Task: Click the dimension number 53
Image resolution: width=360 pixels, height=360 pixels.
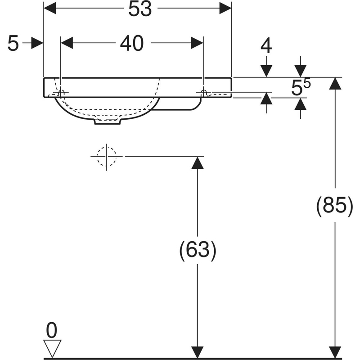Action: pyautogui.click(x=139, y=9)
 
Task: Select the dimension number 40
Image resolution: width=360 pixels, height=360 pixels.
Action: pyautogui.click(x=131, y=43)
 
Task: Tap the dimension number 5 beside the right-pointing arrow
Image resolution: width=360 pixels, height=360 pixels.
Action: pyautogui.click(x=13, y=43)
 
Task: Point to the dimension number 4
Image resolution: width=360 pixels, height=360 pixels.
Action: pyautogui.click(x=267, y=46)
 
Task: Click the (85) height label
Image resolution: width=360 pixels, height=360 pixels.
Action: pyautogui.click(x=334, y=206)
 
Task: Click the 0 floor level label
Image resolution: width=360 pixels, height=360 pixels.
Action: pyautogui.click(x=52, y=332)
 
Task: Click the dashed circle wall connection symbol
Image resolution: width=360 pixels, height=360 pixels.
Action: pyautogui.click(x=107, y=156)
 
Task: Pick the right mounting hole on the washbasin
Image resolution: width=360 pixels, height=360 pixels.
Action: pyautogui.click(x=204, y=93)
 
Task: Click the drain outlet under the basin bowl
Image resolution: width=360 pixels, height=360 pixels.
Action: pyautogui.click(x=108, y=121)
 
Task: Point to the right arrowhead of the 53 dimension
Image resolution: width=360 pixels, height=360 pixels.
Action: pyautogui.click(x=225, y=8)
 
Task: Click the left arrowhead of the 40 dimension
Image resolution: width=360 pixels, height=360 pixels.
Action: pyautogui.click(x=67, y=43)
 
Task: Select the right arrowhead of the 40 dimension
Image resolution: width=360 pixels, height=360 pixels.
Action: pyautogui.click(x=198, y=43)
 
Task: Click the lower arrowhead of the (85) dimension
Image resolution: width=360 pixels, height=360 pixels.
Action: pyautogui.click(x=335, y=352)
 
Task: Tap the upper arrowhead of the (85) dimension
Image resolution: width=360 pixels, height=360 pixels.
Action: pyautogui.click(x=335, y=84)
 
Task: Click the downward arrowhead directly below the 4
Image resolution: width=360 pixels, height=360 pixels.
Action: pyautogui.click(x=267, y=71)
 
